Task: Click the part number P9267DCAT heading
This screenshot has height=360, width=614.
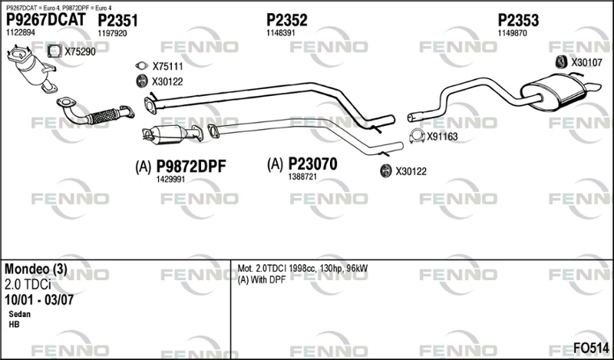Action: (x=45, y=20)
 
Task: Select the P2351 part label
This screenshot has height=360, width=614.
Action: (x=118, y=21)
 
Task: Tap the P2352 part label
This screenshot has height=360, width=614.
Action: (x=287, y=20)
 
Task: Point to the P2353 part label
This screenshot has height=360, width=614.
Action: (x=518, y=20)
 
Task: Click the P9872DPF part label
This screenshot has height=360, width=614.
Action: (x=191, y=167)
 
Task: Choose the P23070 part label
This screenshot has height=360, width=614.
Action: (x=312, y=164)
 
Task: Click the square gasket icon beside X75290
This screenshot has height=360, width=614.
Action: (x=54, y=51)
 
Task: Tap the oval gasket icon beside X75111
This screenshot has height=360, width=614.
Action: (x=142, y=66)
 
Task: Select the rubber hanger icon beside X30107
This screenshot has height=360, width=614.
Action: (x=562, y=62)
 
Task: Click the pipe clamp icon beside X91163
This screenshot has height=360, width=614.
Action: (x=417, y=136)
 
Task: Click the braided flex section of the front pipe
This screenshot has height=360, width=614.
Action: (x=103, y=116)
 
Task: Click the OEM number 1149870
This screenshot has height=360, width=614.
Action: (x=512, y=33)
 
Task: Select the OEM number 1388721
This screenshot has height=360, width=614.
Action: (x=302, y=177)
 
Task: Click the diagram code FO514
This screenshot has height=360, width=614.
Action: (x=591, y=348)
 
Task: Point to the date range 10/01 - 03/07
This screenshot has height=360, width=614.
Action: (x=39, y=299)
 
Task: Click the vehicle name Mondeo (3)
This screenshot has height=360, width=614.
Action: (x=36, y=269)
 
